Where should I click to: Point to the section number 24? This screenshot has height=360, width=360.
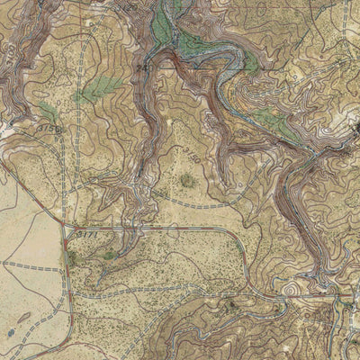point(141,67)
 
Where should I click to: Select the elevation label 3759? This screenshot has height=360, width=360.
point(50,130)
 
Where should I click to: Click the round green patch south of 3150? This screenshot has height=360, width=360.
point(187,181)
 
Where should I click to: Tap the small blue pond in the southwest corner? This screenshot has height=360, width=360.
point(10,332)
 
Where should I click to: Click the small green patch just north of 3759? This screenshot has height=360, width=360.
point(47,112)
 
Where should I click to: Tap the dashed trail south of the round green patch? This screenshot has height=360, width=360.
point(193,205)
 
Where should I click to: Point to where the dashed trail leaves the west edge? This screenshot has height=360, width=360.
point(3,266)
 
